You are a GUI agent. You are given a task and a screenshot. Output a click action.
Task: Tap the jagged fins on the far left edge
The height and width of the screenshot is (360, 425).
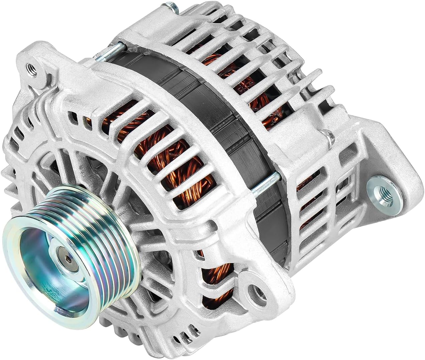click(8, 177)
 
